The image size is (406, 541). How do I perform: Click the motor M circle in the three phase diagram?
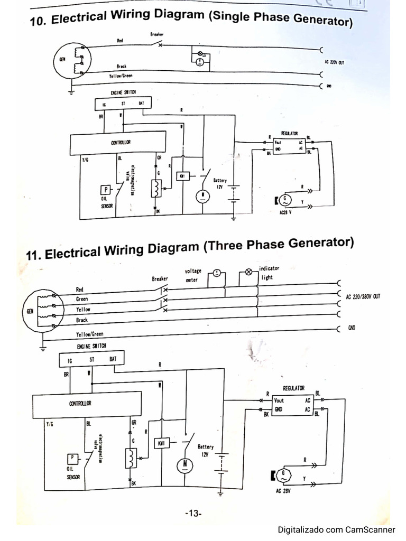point(185,464)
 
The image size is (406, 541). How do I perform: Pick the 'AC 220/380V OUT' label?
point(362,297)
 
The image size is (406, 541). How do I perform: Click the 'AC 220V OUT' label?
point(334,62)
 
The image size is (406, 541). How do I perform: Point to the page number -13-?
point(193,514)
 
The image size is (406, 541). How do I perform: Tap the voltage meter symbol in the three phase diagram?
point(217,273)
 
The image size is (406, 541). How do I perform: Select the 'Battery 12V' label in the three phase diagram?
point(205,450)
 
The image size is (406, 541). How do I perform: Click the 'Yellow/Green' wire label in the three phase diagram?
point(90,334)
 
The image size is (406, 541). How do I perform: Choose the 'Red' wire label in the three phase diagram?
point(80,290)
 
